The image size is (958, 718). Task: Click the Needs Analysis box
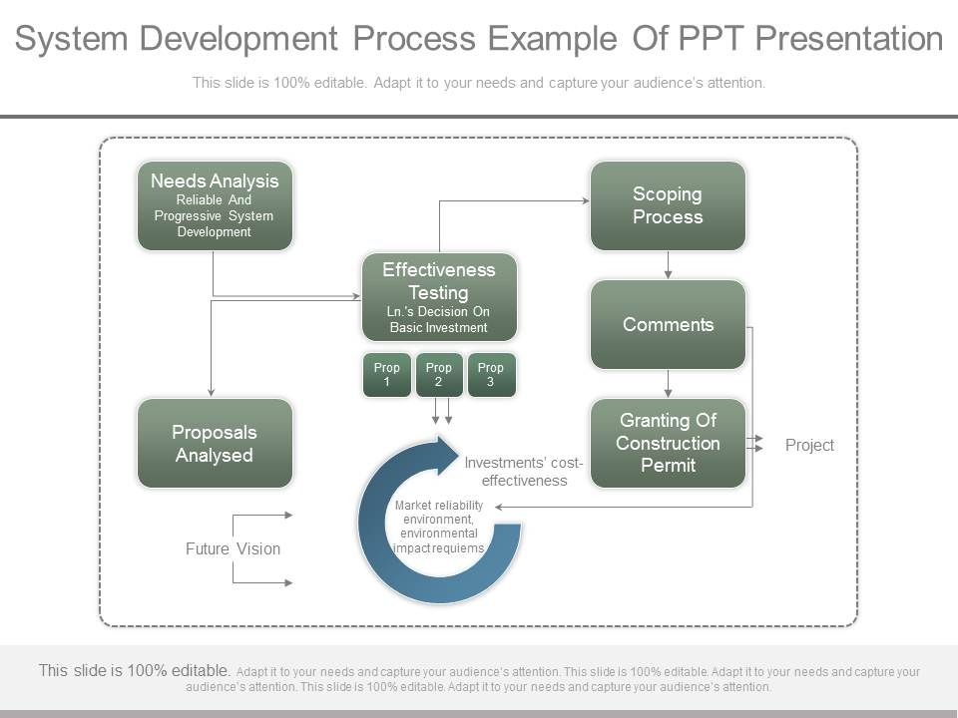(x=215, y=205)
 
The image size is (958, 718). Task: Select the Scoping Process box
(x=668, y=205)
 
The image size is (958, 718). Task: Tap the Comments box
(x=668, y=324)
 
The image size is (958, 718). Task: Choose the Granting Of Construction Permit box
(x=668, y=443)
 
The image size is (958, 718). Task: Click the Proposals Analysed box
(x=215, y=443)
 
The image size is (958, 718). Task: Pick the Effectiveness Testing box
(x=439, y=296)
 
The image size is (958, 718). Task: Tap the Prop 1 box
(x=386, y=375)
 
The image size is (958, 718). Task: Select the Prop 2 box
(x=439, y=375)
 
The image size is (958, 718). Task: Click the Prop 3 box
(x=491, y=375)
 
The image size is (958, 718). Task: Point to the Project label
(x=809, y=445)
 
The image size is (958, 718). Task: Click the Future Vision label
(x=233, y=548)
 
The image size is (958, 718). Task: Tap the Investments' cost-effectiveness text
(x=524, y=472)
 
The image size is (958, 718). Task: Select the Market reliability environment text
(x=439, y=527)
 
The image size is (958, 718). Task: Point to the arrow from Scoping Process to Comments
(x=669, y=264)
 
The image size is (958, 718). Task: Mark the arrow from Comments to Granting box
(x=669, y=383)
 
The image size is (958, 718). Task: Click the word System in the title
(x=71, y=39)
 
